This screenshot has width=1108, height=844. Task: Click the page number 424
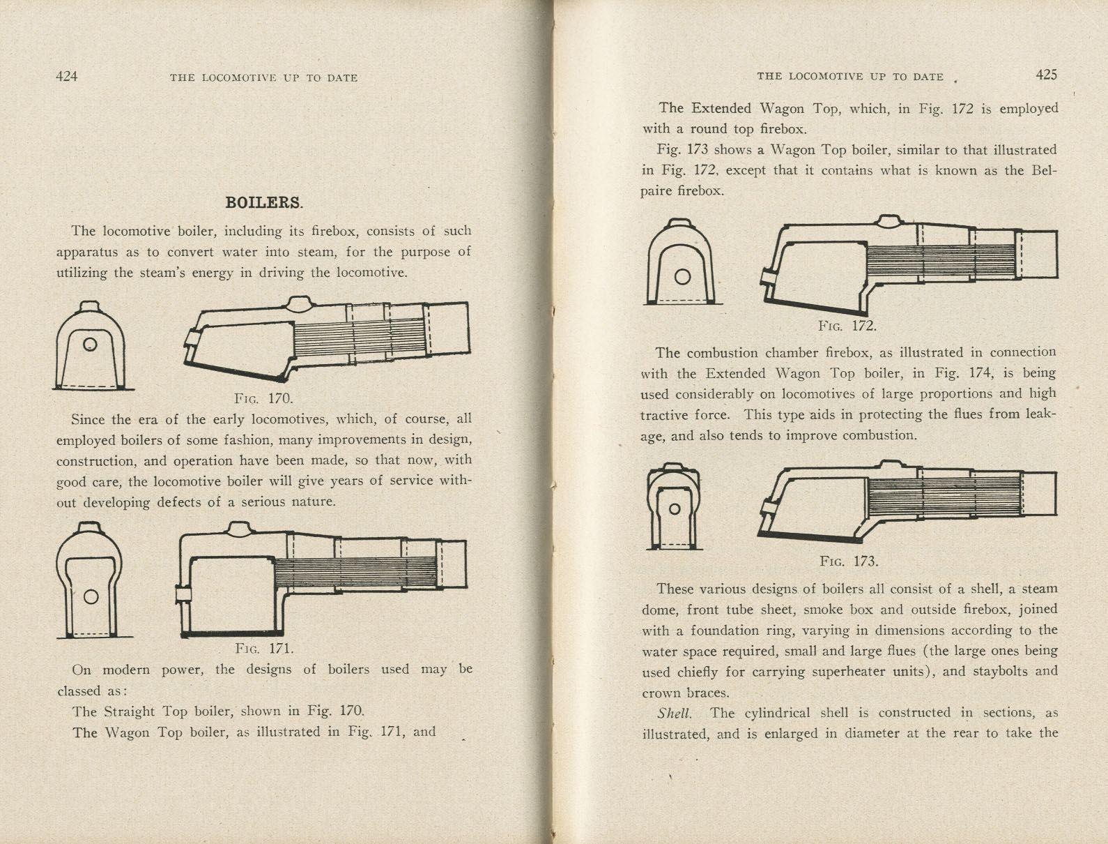tap(67, 77)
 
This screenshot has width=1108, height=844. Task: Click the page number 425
tap(1046, 75)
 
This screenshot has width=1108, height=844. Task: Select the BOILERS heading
tap(264, 203)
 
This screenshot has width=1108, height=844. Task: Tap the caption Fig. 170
tap(263, 398)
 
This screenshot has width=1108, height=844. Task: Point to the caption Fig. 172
tap(847, 326)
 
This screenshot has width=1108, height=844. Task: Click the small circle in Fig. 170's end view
tap(90, 345)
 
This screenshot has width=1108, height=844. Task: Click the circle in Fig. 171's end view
tap(91, 596)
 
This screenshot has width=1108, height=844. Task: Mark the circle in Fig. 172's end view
tap(682, 277)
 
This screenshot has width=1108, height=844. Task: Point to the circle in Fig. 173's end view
tap(674, 508)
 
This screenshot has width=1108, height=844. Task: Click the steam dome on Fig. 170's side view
tap(298, 303)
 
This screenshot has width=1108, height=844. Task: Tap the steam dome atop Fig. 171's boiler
tap(238, 529)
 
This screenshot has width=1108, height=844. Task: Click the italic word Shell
tap(674, 713)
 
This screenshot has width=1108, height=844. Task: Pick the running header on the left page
tap(263, 78)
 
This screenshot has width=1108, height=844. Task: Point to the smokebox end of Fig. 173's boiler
tap(1040, 493)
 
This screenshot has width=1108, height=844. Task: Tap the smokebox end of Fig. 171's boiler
tap(454, 564)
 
